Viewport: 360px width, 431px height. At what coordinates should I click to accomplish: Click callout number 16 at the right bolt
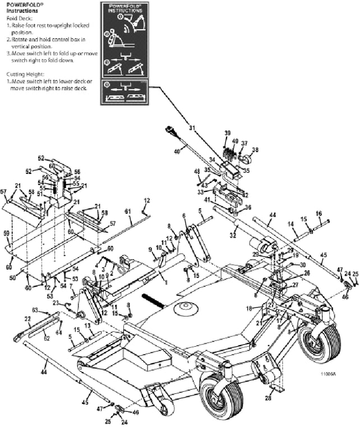click(x=319, y=213)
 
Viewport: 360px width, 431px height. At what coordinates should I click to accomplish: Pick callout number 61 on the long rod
click(x=127, y=211)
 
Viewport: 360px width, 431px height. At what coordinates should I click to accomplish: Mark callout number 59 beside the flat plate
click(x=7, y=233)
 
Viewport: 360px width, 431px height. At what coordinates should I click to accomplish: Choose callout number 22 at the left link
click(x=27, y=319)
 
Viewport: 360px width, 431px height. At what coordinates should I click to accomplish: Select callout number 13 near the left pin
click(x=87, y=325)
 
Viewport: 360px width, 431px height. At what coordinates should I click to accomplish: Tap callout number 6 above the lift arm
click(x=183, y=216)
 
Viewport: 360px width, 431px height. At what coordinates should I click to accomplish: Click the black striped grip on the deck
click(x=154, y=300)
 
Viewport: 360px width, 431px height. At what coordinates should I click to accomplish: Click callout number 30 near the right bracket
click(x=303, y=265)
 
